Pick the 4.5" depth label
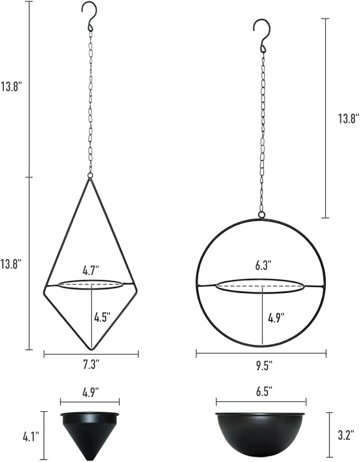tap(102, 318)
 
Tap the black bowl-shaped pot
tap(261, 432)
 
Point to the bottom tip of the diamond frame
tap(91, 348)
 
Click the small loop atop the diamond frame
tap(90, 175)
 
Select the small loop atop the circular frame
tap(261, 215)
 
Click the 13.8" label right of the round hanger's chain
tap(348, 118)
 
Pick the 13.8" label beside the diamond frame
tap(11, 263)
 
